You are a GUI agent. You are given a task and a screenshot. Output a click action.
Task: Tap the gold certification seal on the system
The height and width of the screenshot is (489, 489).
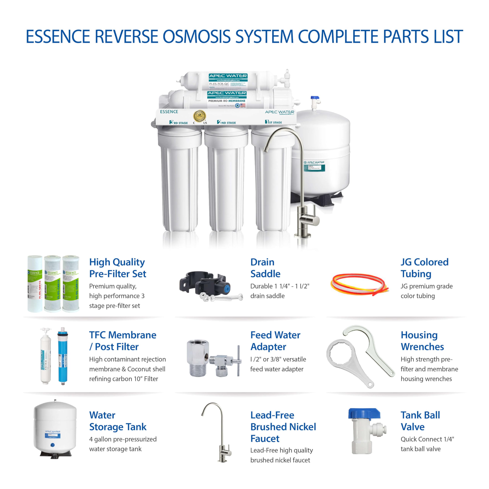(x=199, y=117)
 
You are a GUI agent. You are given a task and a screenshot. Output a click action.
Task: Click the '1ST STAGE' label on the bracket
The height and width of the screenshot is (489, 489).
(x=273, y=122)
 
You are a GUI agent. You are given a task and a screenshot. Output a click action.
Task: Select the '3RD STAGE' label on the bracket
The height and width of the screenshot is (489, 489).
(x=178, y=122)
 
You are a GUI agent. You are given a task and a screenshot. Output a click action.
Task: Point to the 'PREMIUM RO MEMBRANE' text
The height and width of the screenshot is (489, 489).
(x=227, y=101)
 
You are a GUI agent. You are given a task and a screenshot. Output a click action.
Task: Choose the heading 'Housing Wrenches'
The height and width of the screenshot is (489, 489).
(x=422, y=341)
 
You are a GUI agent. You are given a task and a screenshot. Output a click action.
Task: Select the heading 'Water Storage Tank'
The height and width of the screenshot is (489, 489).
(x=118, y=421)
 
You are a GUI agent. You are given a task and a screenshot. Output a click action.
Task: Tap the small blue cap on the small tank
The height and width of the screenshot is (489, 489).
(x=53, y=445)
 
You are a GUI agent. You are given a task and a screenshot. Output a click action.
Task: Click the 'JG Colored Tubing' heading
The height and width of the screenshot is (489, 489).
(x=424, y=268)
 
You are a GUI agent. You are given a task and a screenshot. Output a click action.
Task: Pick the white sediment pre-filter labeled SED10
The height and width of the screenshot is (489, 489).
(x=35, y=284)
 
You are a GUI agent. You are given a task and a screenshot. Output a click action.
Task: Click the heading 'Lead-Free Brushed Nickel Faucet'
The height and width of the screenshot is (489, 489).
(x=283, y=427)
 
